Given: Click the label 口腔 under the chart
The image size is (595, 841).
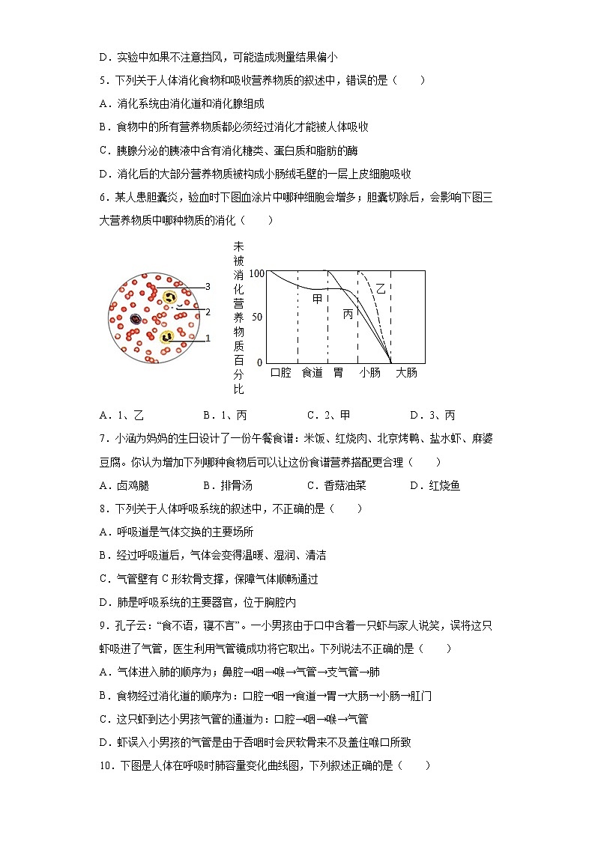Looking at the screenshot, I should (x=280, y=372).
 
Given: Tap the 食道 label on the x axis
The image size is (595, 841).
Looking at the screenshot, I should (x=312, y=372).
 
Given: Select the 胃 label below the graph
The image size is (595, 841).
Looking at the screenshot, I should (x=338, y=372).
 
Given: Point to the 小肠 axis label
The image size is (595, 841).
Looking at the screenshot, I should (x=369, y=372).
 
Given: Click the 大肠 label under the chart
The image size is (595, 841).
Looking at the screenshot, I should (x=406, y=372).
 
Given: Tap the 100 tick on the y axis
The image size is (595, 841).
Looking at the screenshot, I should (x=257, y=274).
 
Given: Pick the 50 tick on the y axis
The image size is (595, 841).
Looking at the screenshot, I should (x=258, y=318).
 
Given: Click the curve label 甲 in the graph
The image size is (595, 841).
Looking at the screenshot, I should (x=317, y=299).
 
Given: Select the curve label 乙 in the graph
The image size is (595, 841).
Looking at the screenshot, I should (x=381, y=288).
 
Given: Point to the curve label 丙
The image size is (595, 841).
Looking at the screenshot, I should (x=348, y=315).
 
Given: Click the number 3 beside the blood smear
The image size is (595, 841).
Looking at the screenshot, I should (x=208, y=286).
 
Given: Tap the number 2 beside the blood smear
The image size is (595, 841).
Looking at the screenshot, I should (x=208, y=312).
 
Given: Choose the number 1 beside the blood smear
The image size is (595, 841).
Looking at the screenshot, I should (x=208, y=338).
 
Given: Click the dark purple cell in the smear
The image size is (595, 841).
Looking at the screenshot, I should (x=136, y=319).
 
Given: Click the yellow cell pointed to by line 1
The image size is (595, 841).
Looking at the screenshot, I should (x=165, y=336).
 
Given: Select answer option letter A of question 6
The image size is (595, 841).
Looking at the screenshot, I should (x=103, y=416).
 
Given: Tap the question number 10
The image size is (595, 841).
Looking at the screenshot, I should (x=105, y=765).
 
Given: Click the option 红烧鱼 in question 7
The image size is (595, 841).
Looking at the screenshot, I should (x=444, y=485).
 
